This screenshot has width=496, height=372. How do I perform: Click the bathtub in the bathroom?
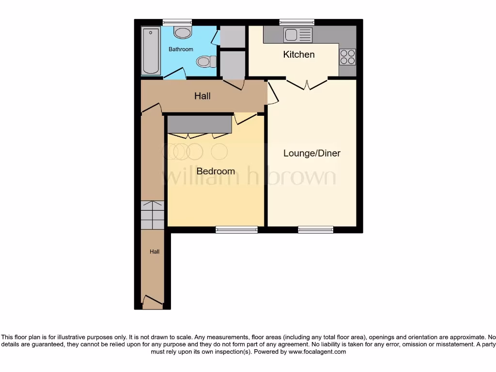[x=151, y=51]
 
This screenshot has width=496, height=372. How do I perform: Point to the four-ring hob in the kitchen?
[x=347, y=57]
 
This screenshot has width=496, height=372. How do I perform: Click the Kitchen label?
[x=299, y=54]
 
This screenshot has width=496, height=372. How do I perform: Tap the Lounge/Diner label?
[x=311, y=153]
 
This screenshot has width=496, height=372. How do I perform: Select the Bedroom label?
[x=216, y=171]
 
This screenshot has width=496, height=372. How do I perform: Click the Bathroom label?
[x=181, y=49]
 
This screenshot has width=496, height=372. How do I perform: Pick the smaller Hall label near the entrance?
[x=155, y=251]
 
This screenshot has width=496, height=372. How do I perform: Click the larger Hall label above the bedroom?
[x=202, y=96]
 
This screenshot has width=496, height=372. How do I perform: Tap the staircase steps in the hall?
[x=152, y=215]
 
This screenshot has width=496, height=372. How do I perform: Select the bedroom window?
[x=236, y=230]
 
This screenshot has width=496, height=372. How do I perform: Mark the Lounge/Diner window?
[x=315, y=230]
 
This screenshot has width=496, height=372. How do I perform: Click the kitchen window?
[x=296, y=22]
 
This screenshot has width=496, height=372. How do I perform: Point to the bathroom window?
[x=177, y=22]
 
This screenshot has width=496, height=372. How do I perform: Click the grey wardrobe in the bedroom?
[x=199, y=124]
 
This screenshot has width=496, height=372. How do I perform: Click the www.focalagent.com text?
[x=317, y=352]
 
